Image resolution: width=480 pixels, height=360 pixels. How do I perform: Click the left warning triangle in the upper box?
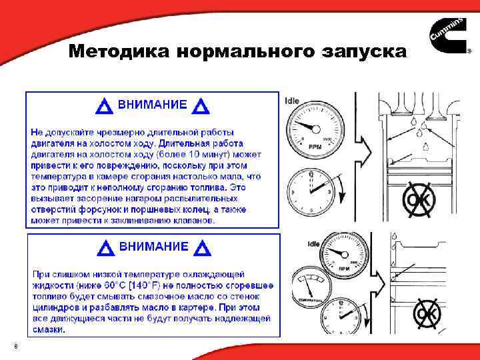point(104,107)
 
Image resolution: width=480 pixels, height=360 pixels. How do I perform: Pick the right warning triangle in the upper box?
point(200,107)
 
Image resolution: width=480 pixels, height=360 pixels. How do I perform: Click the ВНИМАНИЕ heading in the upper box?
point(152,105)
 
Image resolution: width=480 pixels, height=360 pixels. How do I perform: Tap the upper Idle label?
point(292,101)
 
